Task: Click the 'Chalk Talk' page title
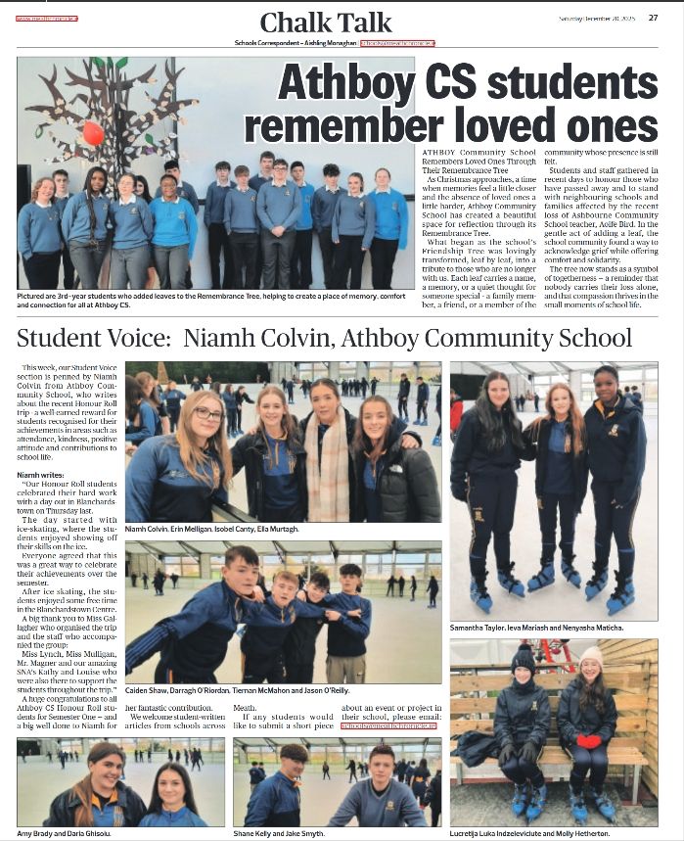click(x=326, y=23)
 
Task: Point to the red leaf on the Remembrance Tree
click(x=92, y=132)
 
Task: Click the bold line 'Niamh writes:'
click(x=42, y=474)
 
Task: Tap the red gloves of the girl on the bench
click(x=588, y=741)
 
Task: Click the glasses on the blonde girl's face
click(x=207, y=414)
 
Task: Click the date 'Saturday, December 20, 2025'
click(x=600, y=17)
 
